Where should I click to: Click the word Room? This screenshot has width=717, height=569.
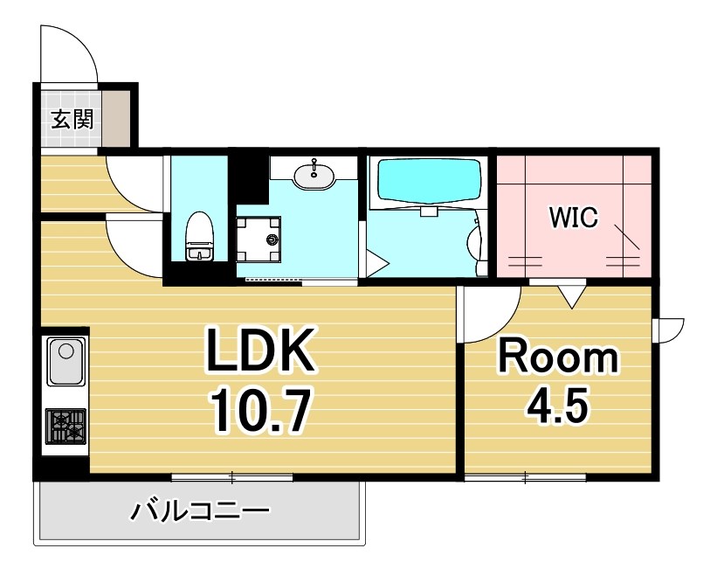coord(557,358)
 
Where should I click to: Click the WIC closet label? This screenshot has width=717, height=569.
coord(573,218)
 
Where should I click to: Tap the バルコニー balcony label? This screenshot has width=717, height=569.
coord(200,510)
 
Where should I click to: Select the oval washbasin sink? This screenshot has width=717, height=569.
coord(314,176)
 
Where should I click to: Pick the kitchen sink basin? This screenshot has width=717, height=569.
coord(65,362)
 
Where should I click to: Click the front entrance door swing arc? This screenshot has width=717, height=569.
coord(70,52)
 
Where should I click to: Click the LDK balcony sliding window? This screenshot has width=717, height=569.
coord(231,476)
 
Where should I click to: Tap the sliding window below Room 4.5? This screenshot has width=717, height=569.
coord(524,476)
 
